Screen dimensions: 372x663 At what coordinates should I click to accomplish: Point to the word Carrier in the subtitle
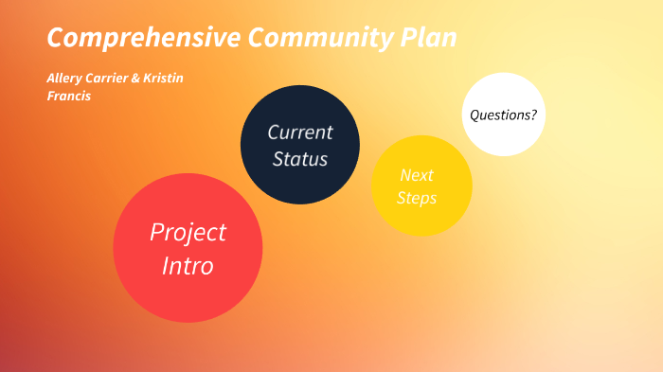coord(110,78)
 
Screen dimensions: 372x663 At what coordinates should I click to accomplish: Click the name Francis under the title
coord(69,96)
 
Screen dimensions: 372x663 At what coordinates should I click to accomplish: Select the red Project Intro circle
coord(188,248)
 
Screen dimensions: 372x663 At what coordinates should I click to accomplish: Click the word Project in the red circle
coord(188,232)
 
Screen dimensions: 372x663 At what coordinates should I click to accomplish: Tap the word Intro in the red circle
coord(188,266)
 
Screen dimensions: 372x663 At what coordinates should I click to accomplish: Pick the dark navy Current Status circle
coord(299,145)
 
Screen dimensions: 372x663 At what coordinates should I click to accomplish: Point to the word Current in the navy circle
coord(299,132)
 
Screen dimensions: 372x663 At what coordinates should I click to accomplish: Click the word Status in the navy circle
coord(299,159)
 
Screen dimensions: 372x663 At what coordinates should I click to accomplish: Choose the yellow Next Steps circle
coord(421,186)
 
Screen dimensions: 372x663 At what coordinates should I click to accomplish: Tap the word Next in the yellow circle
coord(417,175)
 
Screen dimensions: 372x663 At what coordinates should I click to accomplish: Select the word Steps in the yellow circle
coord(417,198)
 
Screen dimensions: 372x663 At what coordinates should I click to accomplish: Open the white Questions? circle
coord(503,115)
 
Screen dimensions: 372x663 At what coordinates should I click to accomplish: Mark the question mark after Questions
coord(533,115)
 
